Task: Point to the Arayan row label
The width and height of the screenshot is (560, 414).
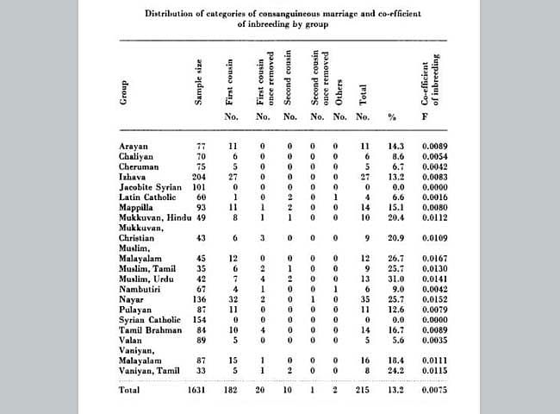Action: click(134, 147)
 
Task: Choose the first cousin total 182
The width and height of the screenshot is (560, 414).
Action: click(229, 390)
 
